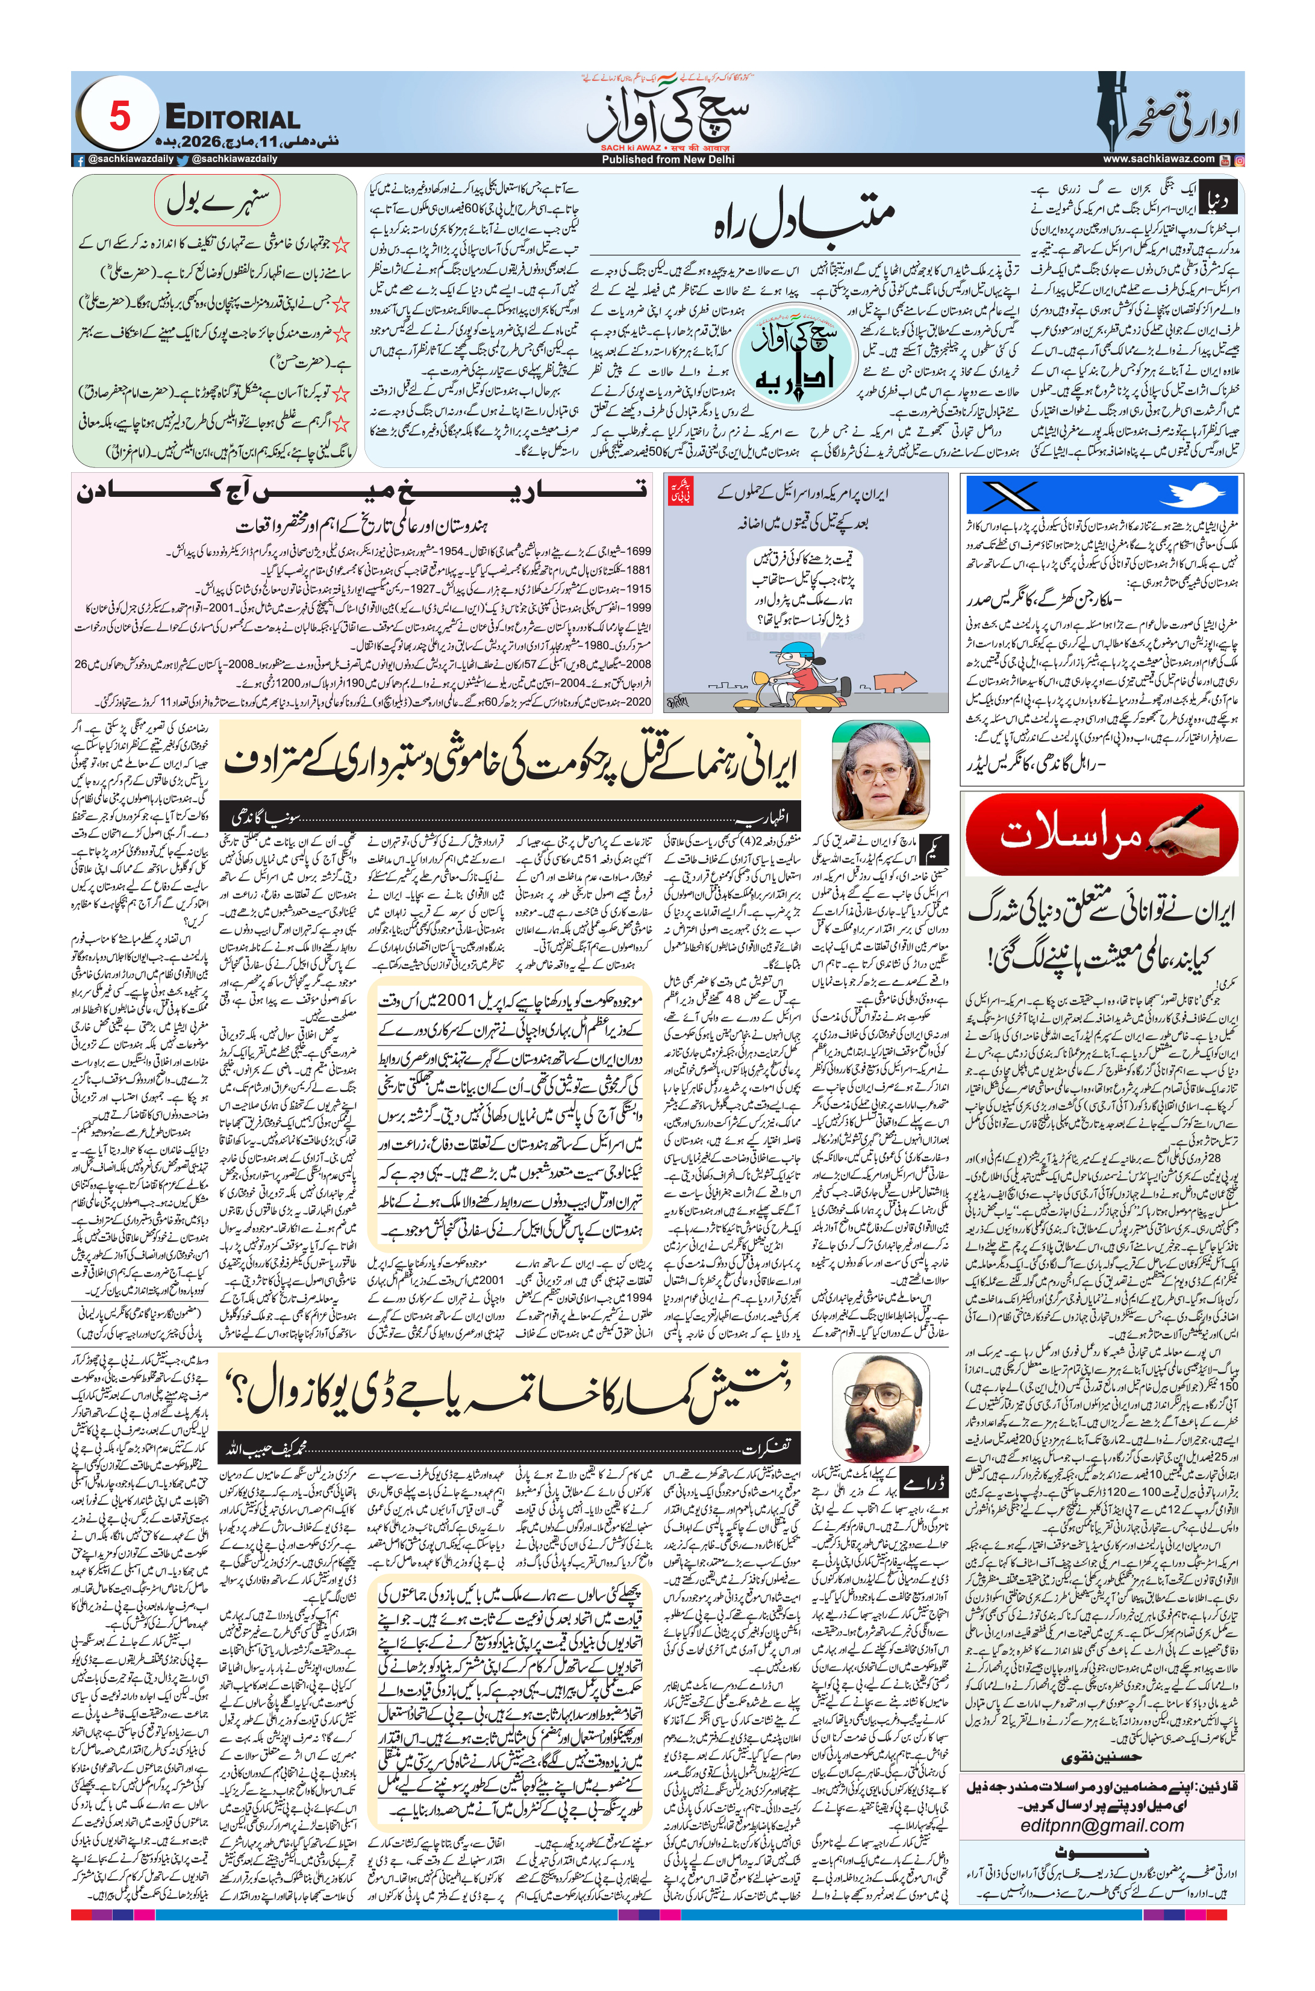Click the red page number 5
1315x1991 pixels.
click(x=120, y=116)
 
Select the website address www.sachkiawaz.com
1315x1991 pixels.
click(x=1158, y=159)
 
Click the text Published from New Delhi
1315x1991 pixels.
click(x=667, y=159)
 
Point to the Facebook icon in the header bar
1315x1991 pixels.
click(x=80, y=159)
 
